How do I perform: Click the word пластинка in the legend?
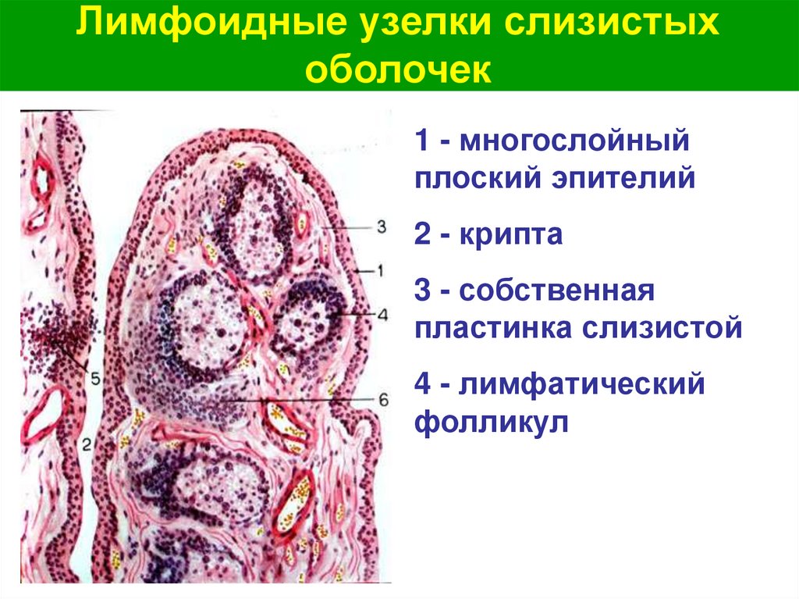point(492,327)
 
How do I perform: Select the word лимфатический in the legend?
point(584,383)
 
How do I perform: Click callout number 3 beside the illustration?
point(382,226)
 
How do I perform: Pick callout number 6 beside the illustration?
point(382,399)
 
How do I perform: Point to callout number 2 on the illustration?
point(87,446)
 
